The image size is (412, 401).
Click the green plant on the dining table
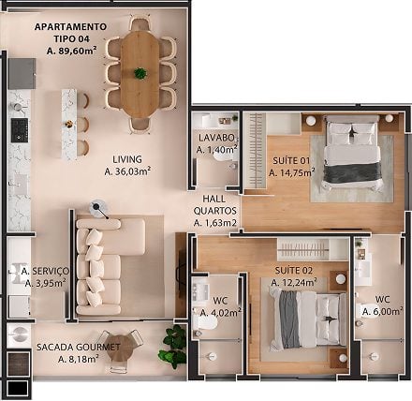pos(140,73)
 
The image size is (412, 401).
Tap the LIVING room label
pos(127,159)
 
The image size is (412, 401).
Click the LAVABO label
pos(216,138)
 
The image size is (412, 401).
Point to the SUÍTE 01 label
pos(291,160)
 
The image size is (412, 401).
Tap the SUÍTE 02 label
pos(293,270)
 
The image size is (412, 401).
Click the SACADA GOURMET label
pos(79,347)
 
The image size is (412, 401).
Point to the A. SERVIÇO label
pos(45,271)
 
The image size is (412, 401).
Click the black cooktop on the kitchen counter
pos(20,129)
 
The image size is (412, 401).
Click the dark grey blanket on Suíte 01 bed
pos(353,172)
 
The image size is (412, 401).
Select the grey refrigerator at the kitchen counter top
pos(22,74)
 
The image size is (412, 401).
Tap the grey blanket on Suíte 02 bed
pos(289,319)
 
